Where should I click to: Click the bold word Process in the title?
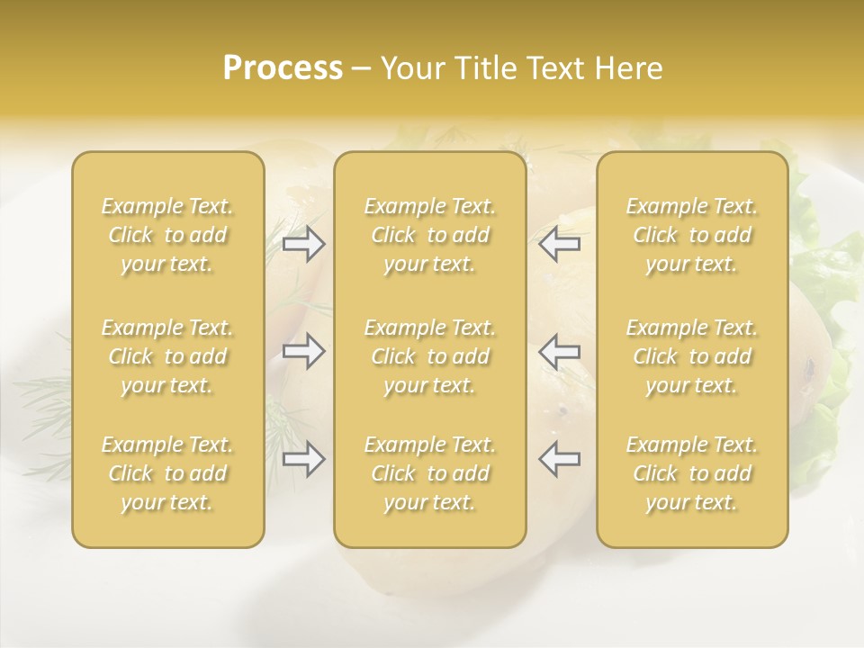click(283, 68)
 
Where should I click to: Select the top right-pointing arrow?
click(303, 244)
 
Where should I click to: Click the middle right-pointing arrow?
click(303, 351)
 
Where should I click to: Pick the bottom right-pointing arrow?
click(303, 459)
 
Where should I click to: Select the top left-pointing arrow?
click(559, 244)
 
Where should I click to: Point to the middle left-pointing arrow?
click(559, 351)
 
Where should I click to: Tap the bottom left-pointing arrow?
click(559, 459)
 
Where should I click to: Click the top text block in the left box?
click(167, 235)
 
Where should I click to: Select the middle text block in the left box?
click(167, 356)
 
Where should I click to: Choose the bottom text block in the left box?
click(167, 473)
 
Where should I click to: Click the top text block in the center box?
click(429, 235)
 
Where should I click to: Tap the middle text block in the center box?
click(429, 356)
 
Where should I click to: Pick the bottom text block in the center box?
click(429, 473)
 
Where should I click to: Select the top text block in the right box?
click(692, 235)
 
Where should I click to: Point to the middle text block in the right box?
click(692, 356)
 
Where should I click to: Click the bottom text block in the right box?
click(692, 473)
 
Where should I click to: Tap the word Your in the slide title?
click(409, 68)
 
